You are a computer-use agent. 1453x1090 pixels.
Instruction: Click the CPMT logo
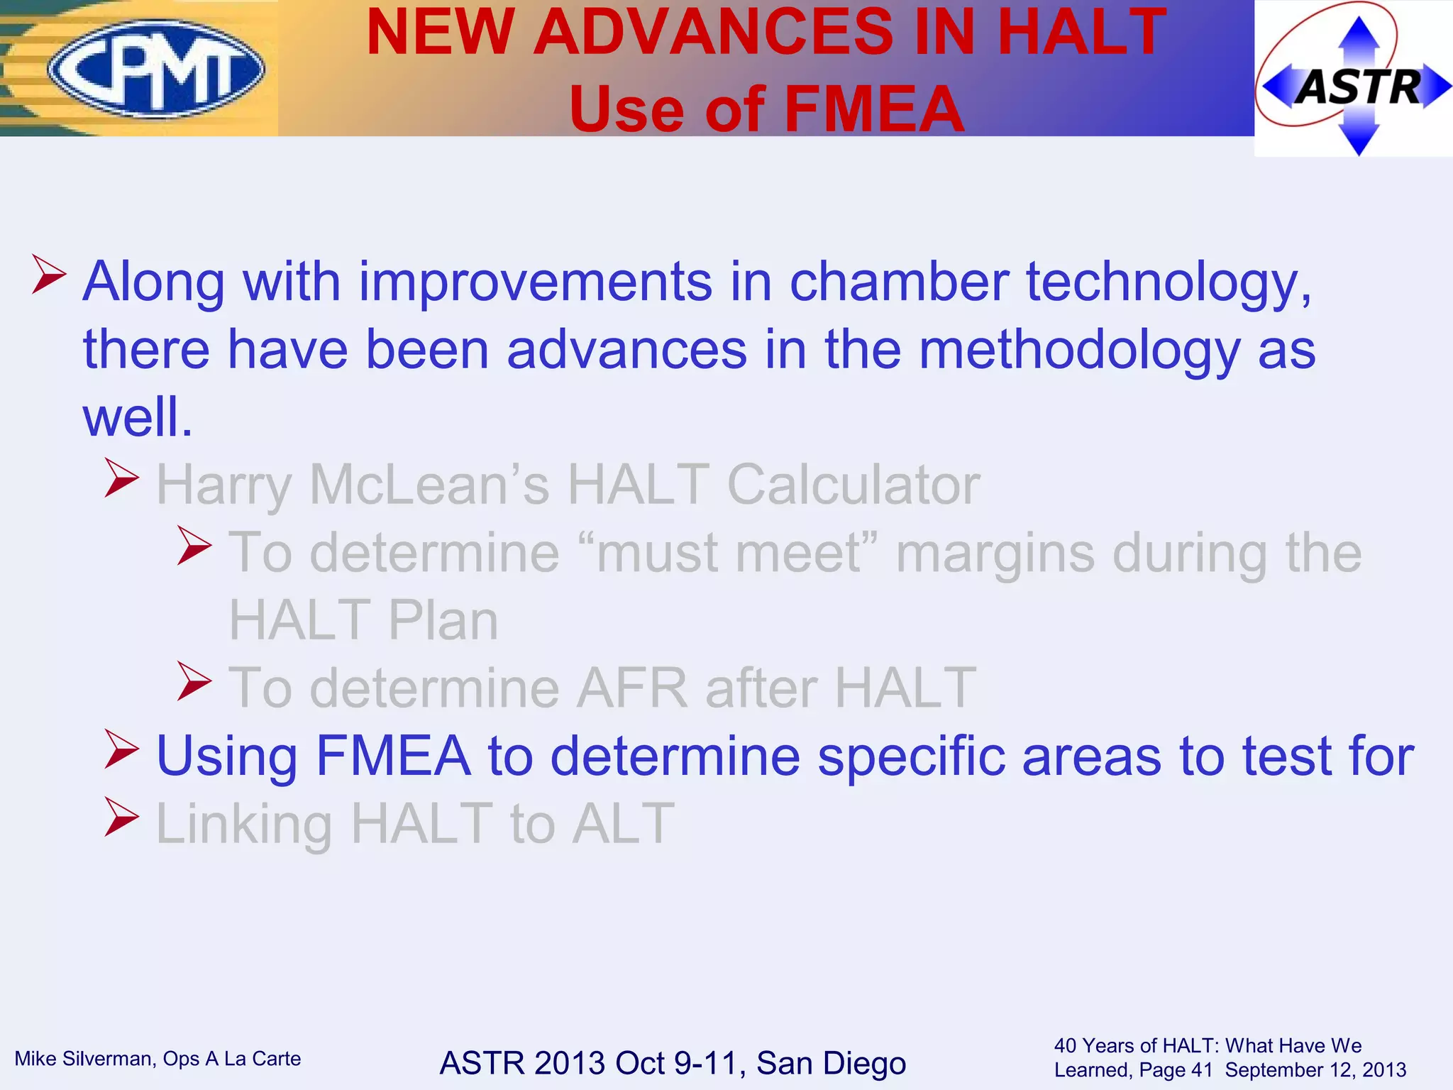click(155, 69)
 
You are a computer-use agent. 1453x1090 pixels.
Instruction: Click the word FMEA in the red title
click(874, 109)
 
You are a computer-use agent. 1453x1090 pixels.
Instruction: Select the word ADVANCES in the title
click(713, 33)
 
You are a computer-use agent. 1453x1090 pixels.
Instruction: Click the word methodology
click(1079, 351)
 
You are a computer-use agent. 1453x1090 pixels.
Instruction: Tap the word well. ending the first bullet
click(138, 417)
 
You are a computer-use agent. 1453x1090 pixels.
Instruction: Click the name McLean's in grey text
click(429, 485)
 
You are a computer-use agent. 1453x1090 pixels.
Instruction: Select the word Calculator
click(853, 485)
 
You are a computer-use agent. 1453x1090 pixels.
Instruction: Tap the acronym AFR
click(632, 688)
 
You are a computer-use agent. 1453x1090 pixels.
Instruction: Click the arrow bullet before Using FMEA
click(121, 749)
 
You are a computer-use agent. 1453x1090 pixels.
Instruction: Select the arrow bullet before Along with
click(50, 275)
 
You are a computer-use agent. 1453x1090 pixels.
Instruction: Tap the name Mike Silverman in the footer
click(85, 1059)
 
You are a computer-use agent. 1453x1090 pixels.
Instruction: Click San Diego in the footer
click(831, 1063)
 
